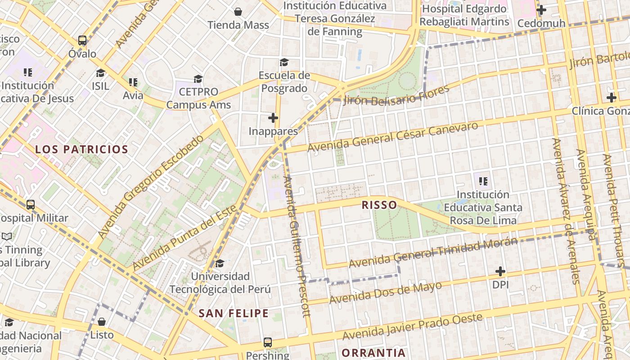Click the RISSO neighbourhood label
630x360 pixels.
[379, 205]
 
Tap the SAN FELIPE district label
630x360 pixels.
[234, 313]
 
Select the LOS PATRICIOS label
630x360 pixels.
[82, 149]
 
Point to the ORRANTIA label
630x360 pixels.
[373, 352]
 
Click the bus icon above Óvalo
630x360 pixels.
[82, 40]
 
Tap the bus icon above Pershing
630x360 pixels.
[268, 342]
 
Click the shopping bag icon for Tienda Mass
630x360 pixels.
[238, 12]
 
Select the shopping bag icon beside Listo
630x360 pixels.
[102, 322]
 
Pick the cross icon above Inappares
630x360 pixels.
[273, 118]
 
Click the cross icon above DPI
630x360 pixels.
[500, 271]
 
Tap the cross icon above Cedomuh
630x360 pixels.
[541, 9]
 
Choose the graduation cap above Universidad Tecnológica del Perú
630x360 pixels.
[220, 263]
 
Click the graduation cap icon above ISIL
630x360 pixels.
[100, 73]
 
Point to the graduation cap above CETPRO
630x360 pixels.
[198, 79]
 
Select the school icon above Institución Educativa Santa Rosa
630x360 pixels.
[483, 181]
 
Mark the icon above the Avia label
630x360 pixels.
[133, 82]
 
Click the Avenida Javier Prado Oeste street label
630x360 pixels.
[412, 327]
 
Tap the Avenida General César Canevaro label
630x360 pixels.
[392, 136]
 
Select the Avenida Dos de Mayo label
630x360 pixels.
[385, 293]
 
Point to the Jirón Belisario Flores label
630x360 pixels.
[396, 95]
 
